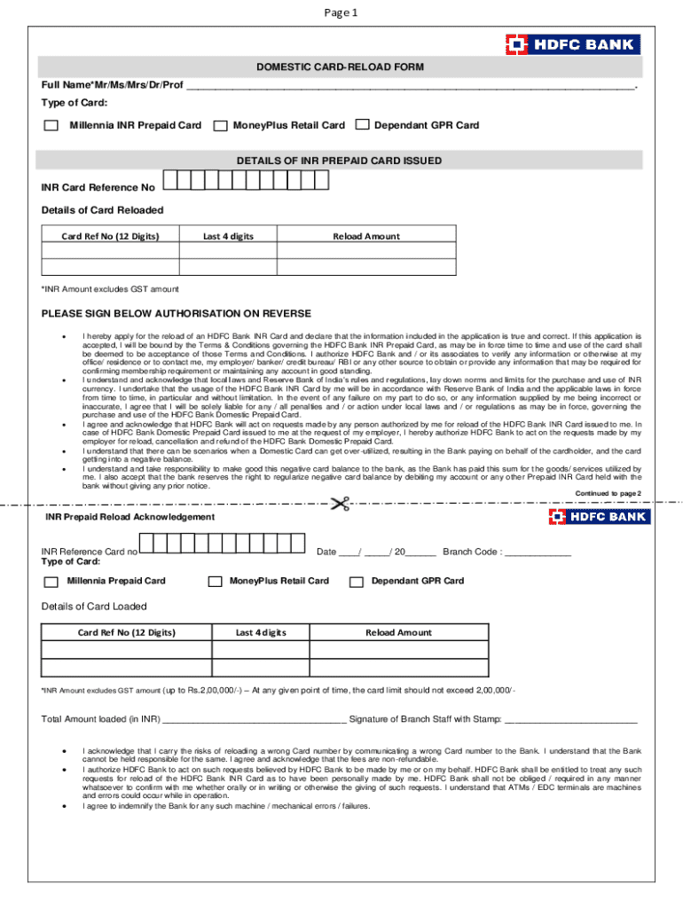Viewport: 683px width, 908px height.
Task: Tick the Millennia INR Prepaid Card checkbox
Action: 51,126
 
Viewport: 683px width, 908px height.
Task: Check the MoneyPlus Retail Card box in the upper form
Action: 220,126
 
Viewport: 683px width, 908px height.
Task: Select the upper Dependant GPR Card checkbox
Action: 362,125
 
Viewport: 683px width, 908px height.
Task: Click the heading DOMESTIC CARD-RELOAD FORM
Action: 341,67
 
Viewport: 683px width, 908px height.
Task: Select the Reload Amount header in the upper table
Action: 365,237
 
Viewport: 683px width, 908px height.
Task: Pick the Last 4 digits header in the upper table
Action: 228,237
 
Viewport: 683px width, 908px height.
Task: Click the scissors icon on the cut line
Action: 339,505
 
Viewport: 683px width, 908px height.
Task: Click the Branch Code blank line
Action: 538,552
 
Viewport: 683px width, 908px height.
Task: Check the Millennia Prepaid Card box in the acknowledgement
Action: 51,583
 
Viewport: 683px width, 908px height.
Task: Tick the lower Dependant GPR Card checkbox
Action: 357,583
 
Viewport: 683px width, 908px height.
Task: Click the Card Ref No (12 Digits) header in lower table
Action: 127,633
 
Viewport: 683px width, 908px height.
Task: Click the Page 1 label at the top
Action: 341,13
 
